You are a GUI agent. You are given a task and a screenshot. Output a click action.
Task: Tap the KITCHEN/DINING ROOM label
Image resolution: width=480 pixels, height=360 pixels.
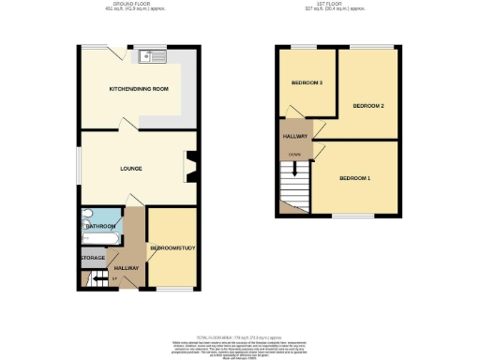click(139, 89)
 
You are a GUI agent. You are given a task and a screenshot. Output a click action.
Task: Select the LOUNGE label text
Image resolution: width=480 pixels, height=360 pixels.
click(130, 169)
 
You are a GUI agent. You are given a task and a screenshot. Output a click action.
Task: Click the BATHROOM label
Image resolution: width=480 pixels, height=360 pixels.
click(100, 227)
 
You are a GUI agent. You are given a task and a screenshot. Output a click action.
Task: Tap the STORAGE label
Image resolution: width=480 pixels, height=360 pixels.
click(92, 257)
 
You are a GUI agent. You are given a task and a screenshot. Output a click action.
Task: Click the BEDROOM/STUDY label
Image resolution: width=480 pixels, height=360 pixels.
click(172, 248)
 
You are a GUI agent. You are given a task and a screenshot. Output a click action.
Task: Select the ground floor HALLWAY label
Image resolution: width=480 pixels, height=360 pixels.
click(127, 268)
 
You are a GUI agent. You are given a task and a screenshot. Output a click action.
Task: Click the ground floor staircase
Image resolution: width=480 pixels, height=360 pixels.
click(96, 277)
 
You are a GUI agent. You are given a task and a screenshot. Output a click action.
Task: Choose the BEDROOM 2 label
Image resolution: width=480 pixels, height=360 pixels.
click(368, 106)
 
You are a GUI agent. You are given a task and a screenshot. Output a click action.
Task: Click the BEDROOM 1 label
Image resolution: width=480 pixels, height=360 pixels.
click(355, 178)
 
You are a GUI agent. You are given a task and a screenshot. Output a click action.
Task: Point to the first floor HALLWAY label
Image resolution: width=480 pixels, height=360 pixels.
click(295, 137)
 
